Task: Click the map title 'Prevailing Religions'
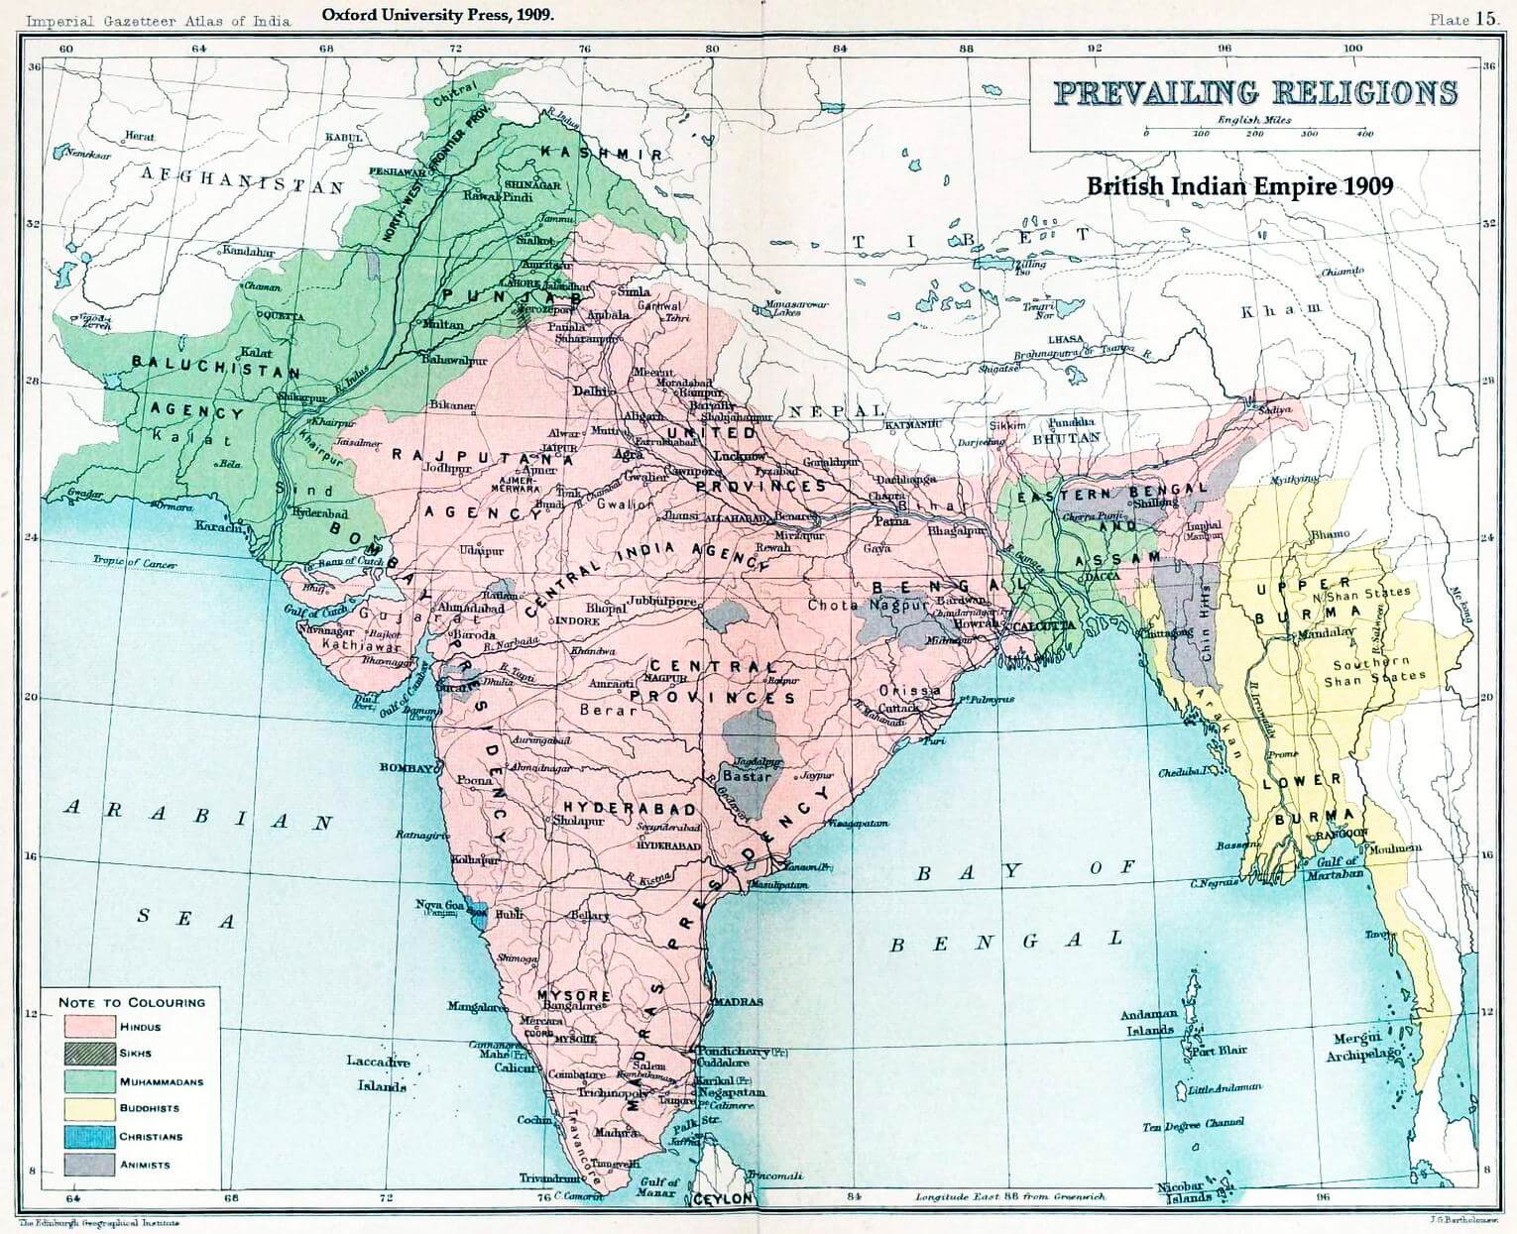coord(1254,92)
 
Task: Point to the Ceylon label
coord(723,1199)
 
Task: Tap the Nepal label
coord(836,410)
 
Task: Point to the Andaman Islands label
coord(1149,1022)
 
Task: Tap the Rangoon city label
coord(1340,835)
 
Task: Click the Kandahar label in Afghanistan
coord(248,252)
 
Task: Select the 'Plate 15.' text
coord(1461,19)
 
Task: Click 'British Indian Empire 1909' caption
coord(1239,185)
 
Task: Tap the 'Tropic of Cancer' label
coord(135,563)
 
